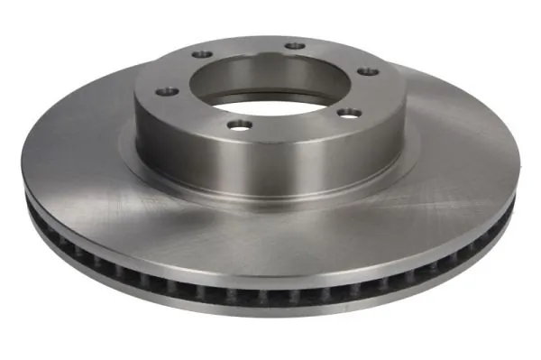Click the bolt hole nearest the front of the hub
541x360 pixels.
pyautogui.click(x=237, y=125)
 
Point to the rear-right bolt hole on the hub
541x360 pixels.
pyautogui.click(x=293, y=45)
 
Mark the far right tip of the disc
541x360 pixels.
pyautogui.click(x=520, y=171)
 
